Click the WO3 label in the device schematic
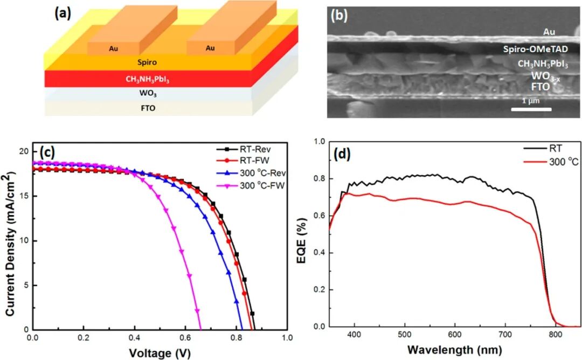click(147, 93)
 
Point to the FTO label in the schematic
click(147, 108)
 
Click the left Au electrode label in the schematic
click(113, 48)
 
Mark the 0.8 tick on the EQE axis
click(320, 179)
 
